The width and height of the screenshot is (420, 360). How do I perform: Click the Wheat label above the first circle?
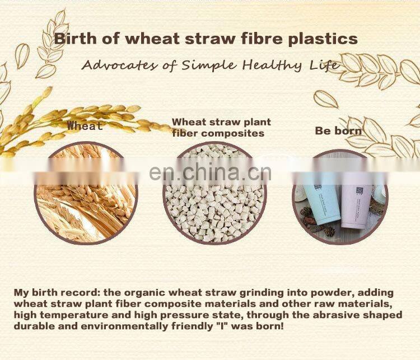85,126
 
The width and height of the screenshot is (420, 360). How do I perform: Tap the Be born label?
338,130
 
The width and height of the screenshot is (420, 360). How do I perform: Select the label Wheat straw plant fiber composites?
221,127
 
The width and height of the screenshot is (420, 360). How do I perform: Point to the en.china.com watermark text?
211,172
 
